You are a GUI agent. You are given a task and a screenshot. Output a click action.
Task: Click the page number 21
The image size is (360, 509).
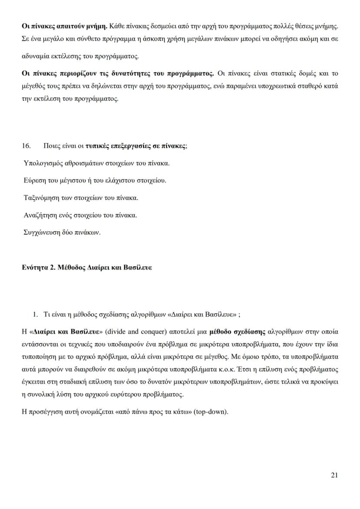tap(334, 475)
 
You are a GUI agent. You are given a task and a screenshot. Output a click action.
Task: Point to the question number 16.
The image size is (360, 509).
tap(26, 146)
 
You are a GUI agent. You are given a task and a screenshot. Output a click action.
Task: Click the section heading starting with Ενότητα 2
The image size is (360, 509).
tap(87, 267)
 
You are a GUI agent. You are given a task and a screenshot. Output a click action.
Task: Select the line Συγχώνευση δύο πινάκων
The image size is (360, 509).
tap(62, 232)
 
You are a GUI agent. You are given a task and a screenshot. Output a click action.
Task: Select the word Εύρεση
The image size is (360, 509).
tap(33, 180)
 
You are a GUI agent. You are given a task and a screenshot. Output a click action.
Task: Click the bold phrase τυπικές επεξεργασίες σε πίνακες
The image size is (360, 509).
tap(135, 146)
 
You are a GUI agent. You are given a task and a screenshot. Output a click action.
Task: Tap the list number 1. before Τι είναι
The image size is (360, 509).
tap(36, 314)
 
